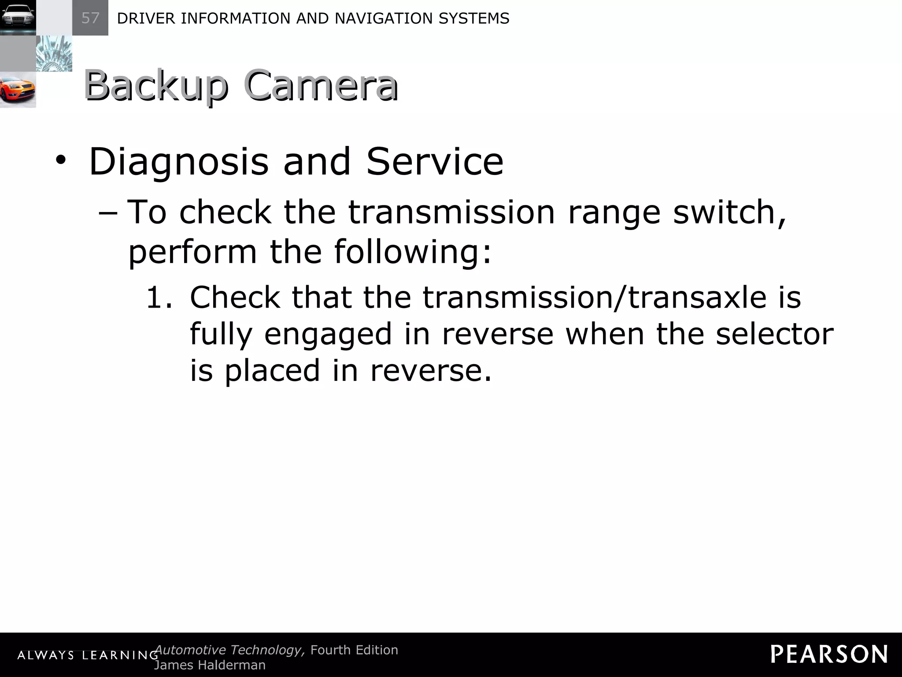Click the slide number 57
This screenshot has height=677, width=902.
coord(90,18)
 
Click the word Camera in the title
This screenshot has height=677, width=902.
coord(321,86)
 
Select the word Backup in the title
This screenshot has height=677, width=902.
coord(156,86)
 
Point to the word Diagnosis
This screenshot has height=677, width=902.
coord(178,162)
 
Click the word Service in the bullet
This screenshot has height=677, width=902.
coord(435,162)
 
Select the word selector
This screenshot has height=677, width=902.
coord(774,334)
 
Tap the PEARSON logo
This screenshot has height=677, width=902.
coord(829,654)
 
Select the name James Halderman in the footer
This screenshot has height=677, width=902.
coord(210,665)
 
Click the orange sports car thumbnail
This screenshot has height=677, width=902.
coord(18,90)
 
